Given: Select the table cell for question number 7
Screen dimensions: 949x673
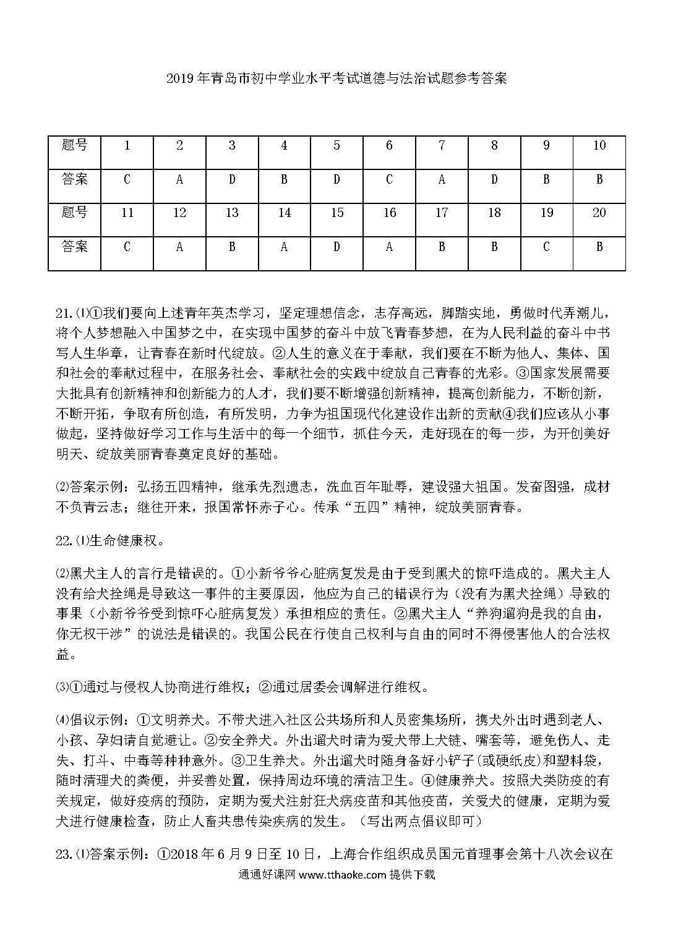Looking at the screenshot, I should pyautogui.click(x=442, y=146).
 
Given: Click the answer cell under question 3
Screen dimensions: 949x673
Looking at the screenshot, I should pyautogui.click(x=232, y=180).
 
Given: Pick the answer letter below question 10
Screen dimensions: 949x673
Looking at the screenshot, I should pyautogui.click(x=599, y=180).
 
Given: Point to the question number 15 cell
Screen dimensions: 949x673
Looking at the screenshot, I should pyautogui.click(x=336, y=213).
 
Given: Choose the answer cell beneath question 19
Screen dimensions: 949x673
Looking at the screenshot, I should pyautogui.click(x=546, y=247).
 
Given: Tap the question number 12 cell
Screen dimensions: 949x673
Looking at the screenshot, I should pyautogui.click(x=179, y=213).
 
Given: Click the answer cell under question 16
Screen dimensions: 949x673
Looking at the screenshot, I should pyautogui.click(x=389, y=247).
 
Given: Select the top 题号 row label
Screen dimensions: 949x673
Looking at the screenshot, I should pyautogui.click(x=75, y=146).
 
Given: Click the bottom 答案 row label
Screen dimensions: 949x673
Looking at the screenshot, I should pyautogui.click(x=75, y=247).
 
